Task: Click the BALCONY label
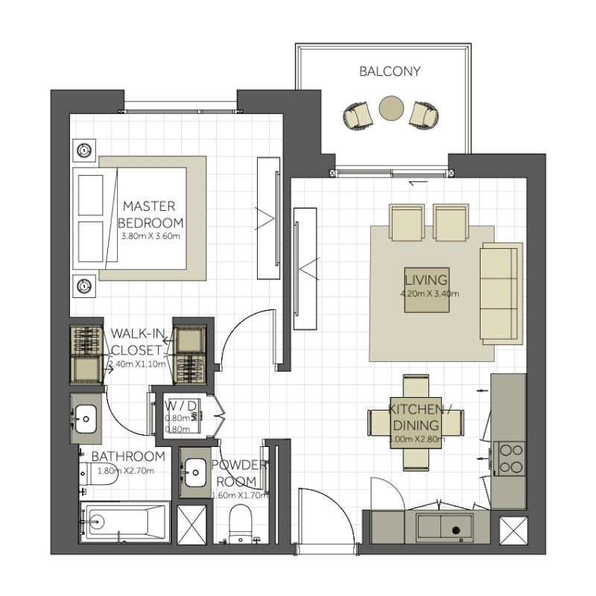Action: click(390, 72)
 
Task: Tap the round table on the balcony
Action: click(391, 109)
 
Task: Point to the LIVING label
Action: click(425, 281)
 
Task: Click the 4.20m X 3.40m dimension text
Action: click(428, 294)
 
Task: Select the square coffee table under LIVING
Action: click(426, 289)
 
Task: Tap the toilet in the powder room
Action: click(241, 522)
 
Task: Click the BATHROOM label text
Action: click(127, 457)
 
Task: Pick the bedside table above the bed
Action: click(85, 150)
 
